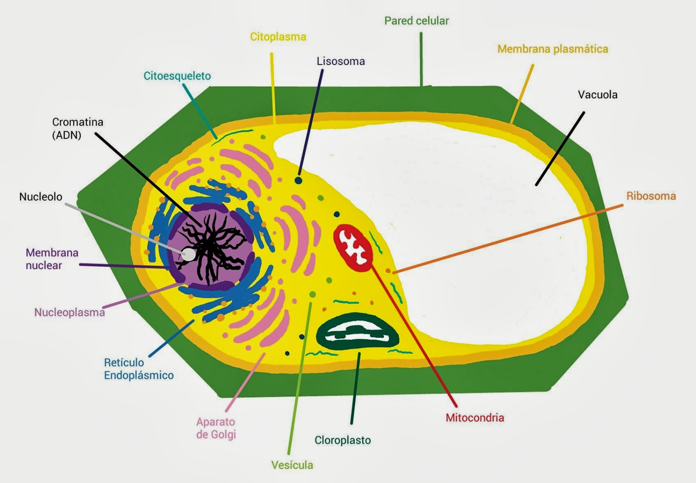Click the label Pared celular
tap(416, 21)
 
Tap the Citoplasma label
tap(278, 37)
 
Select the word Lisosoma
tap(341, 61)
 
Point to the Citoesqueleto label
tap(177, 76)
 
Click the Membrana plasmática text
tap(552, 49)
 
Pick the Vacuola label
tap(597, 95)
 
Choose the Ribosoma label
tap(651, 196)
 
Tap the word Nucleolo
tap(41, 197)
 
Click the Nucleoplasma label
tap(70, 312)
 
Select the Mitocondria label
tap(475, 418)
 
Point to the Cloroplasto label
tap(343, 440)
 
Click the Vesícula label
tap(292, 465)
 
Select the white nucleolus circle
tap(188, 255)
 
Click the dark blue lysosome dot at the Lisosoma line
tap(298, 180)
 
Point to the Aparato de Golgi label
tap(216, 428)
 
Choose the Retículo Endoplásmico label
tap(138, 369)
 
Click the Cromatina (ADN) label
tap(77, 128)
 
